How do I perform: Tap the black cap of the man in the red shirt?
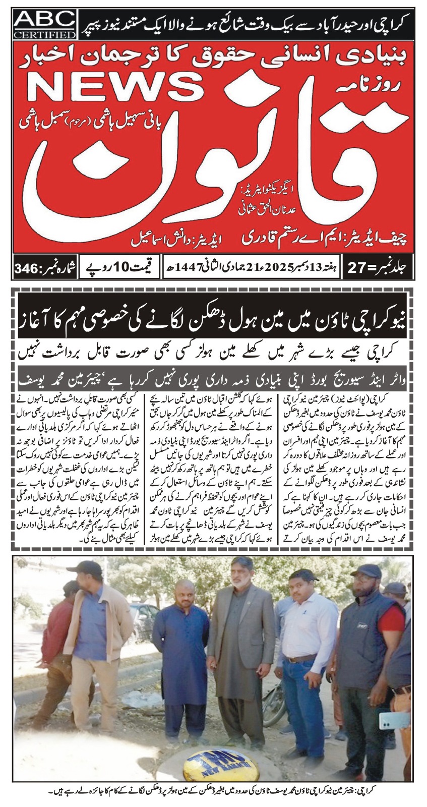[x=368, y=571]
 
